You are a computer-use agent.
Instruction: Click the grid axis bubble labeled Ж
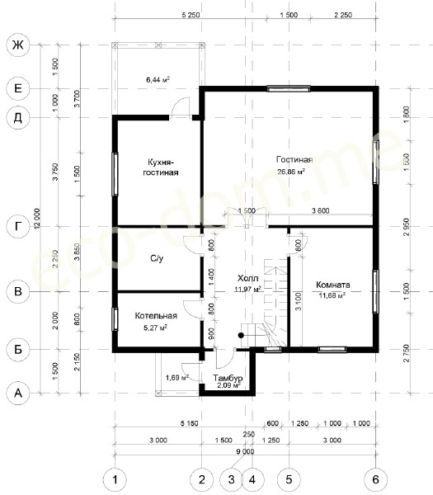(18, 45)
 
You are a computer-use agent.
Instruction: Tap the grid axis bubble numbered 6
(375, 479)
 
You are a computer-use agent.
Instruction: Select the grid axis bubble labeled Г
(18, 226)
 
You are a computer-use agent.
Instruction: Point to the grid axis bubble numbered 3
(231, 479)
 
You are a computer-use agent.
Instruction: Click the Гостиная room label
(294, 160)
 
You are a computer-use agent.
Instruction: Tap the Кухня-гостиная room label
(161, 167)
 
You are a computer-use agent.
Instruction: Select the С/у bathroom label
(157, 258)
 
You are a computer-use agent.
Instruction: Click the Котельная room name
(156, 316)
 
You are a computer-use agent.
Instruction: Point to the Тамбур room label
(228, 378)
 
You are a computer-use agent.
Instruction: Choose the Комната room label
(333, 285)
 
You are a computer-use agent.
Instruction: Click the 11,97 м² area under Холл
(248, 289)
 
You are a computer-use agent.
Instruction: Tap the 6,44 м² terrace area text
(158, 79)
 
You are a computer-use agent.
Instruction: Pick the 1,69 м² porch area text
(177, 377)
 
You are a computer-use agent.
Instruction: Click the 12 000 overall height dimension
(37, 219)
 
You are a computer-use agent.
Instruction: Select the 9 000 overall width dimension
(245, 451)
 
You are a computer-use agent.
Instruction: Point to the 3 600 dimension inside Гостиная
(321, 210)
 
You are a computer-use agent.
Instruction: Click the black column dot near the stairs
(241, 335)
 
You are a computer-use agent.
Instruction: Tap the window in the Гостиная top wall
(289, 89)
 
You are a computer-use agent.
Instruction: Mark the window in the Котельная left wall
(115, 319)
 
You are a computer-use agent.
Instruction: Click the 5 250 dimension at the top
(191, 15)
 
